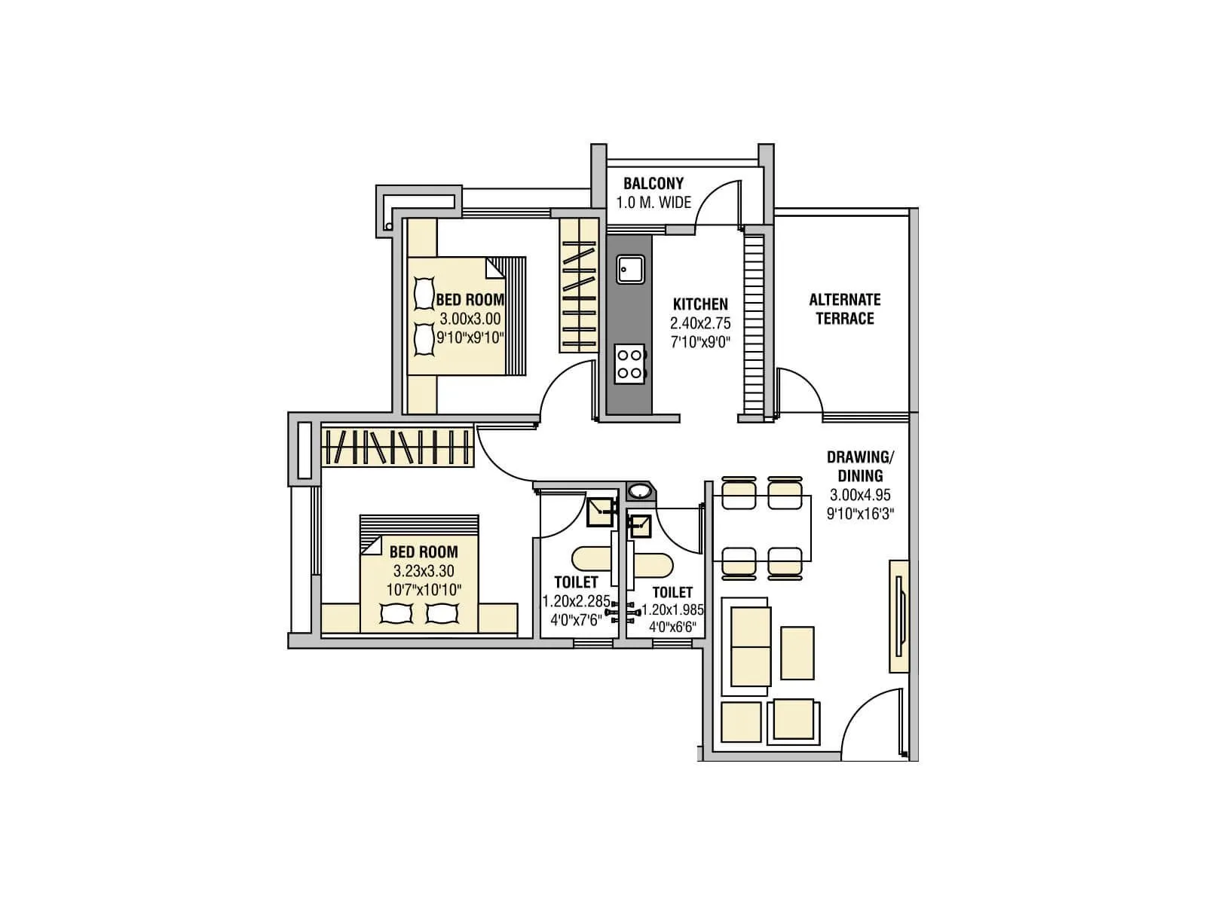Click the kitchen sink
pyautogui.click(x=630, y=269)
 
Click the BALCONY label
pyautogui.click(x=653, y=183)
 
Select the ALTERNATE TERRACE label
pyautogui.click(x=844, y=309)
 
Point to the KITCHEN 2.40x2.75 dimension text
pyautogui.click(x=700, y=323)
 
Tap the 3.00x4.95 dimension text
pyautogui.click(x=860, y=496)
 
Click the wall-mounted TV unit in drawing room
pyautogui.click(x=898, y=616)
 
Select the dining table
pyautogui.click(x=762, y=528)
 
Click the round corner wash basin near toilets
pyautogui.click(x=640, y=491)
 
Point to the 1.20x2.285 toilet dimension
pyautogui.click(x=576, y=601)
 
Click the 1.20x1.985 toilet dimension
pyautogui.click(x=672, y=609)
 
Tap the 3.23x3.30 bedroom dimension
pyautogui.click(x=423, y=571)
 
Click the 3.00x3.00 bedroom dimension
pyautogui.click(x=470, y=319)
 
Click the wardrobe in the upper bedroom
pyautogui.click(x=578, y=286)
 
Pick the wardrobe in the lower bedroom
pyautogui.click(x=397, y=446)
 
